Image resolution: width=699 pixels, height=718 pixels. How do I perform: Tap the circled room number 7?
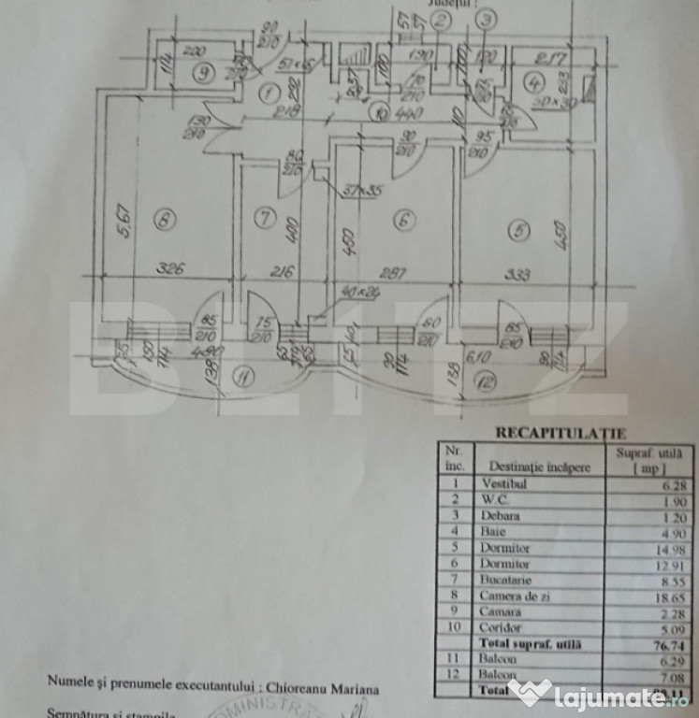pyautogui.click(x=265, y=220)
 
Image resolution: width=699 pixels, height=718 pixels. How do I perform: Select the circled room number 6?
pyautogui.click(x=403, y=222)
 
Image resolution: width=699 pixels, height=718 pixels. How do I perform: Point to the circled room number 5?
pyautogui.click(x=517, y=228)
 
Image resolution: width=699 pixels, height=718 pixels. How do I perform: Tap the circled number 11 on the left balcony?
pyautogui.click(x=244, y=379)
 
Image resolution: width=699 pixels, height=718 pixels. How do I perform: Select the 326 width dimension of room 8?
pyautogui.click(x=169, y=269)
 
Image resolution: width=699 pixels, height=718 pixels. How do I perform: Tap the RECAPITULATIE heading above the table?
pyautogui.click(x=547, y=433)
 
